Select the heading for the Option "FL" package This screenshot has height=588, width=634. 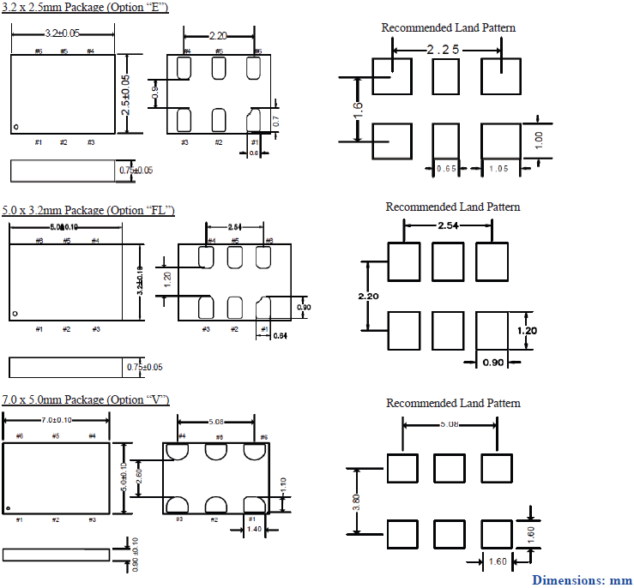(88, 210)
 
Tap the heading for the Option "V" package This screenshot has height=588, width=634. (86, 400)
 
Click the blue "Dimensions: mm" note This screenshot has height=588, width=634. (582, 580)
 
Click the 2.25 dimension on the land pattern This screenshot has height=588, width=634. (444, 51)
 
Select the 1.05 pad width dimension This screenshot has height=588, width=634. (498, 169)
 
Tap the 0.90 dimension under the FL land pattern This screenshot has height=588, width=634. (492, 363)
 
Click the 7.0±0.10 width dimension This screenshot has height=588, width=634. (57, 420)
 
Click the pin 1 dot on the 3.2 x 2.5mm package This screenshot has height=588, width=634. (15, 129)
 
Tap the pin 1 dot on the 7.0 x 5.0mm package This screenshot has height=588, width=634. (8, 509)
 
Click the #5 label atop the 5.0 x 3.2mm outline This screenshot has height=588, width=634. (67, 241)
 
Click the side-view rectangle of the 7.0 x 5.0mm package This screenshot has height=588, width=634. (57, 554)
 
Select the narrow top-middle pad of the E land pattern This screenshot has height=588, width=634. (445, 77)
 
